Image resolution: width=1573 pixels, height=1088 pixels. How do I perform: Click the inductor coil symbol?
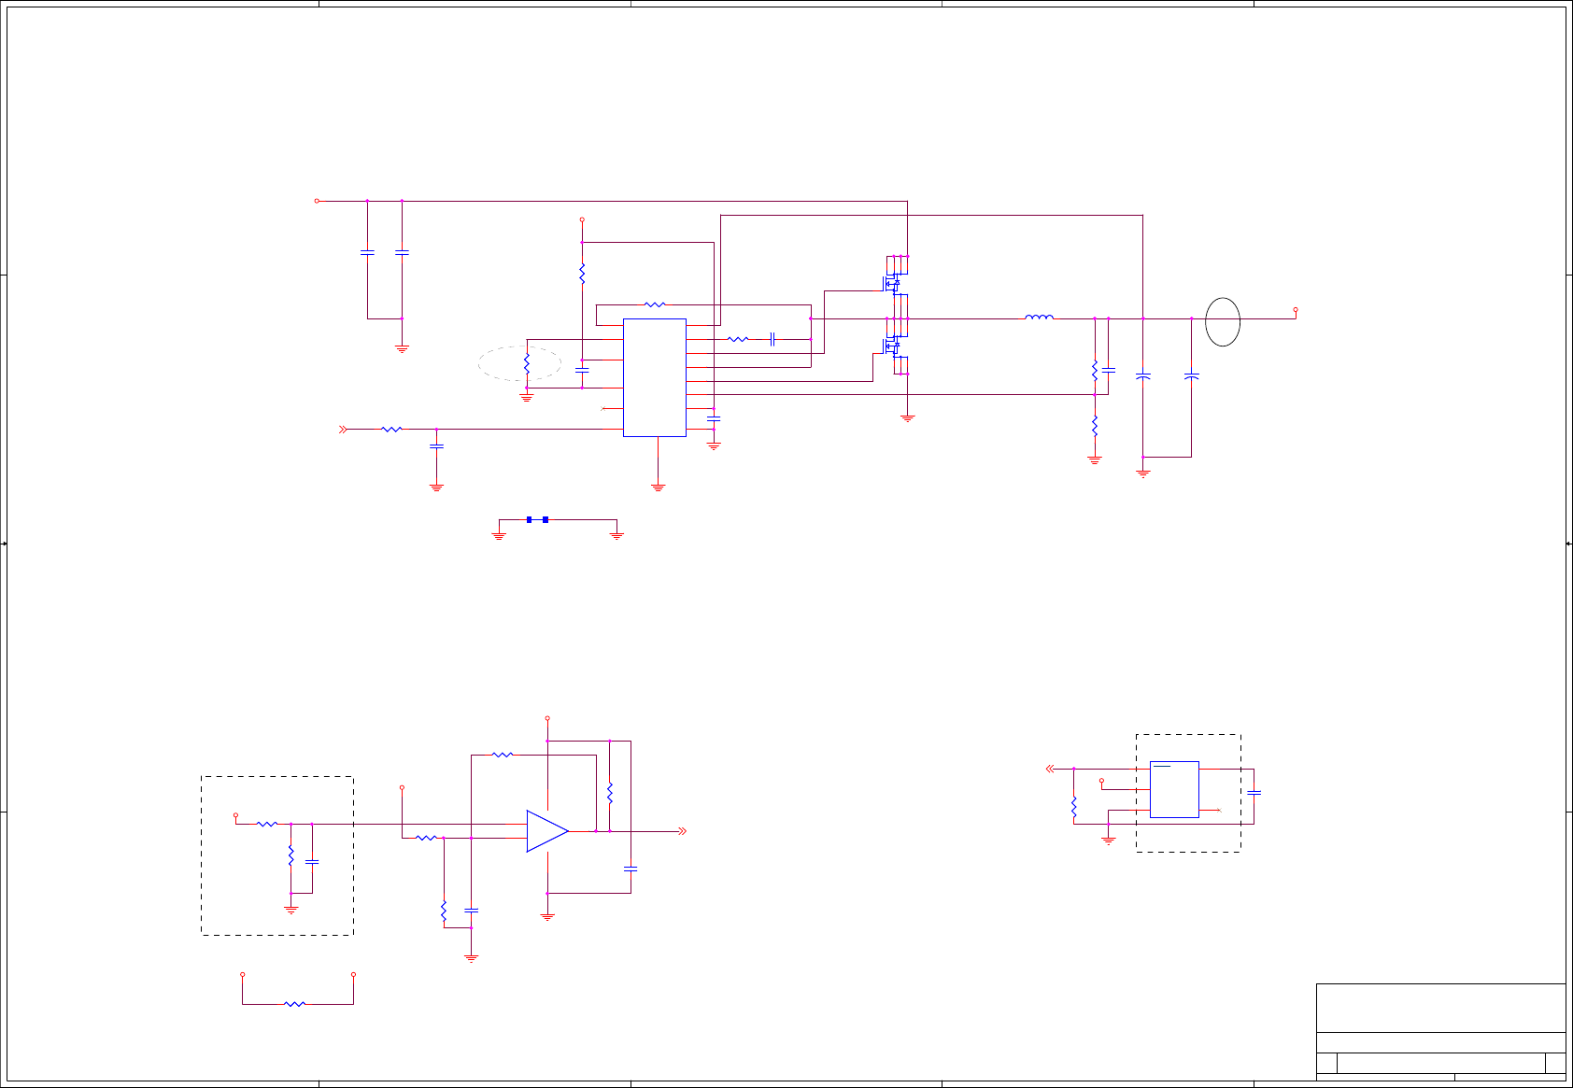[1039, 318]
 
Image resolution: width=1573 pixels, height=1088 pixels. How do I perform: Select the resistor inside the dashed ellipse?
[527, 362]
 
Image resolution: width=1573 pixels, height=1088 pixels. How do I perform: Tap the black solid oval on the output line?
[1223, 322]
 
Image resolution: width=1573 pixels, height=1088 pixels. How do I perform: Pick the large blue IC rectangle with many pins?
[655, 377]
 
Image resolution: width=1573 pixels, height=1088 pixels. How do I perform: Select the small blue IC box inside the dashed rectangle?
[1174, 789]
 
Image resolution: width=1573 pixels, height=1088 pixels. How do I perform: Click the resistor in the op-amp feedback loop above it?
[503, 755]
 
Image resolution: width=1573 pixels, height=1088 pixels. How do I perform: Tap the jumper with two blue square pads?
[537, 519]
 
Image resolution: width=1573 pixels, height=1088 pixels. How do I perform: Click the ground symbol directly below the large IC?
[658, 487]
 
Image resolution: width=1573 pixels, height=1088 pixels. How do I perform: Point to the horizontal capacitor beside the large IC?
[772, 339]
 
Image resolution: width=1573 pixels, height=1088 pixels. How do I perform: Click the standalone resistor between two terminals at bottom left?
[295, 1004]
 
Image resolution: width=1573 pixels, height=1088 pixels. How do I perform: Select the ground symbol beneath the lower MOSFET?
[907, 418]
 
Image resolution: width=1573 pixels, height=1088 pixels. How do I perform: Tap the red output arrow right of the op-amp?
[683, 831]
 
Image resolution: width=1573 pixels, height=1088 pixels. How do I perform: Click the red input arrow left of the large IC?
[343, 430]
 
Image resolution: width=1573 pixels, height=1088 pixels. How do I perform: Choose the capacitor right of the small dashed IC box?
[1254, 793]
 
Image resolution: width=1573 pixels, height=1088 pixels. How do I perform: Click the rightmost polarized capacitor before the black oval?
[1191, 376]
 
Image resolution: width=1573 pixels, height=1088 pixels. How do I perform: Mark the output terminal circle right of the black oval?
[1295, 309]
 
